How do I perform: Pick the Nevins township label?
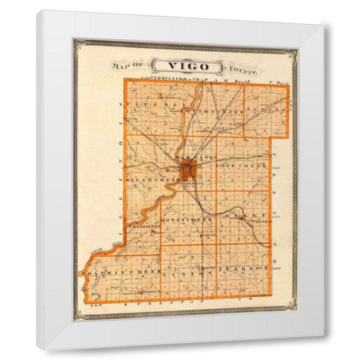tap(267, 110)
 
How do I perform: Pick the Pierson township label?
tap(241, 268)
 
